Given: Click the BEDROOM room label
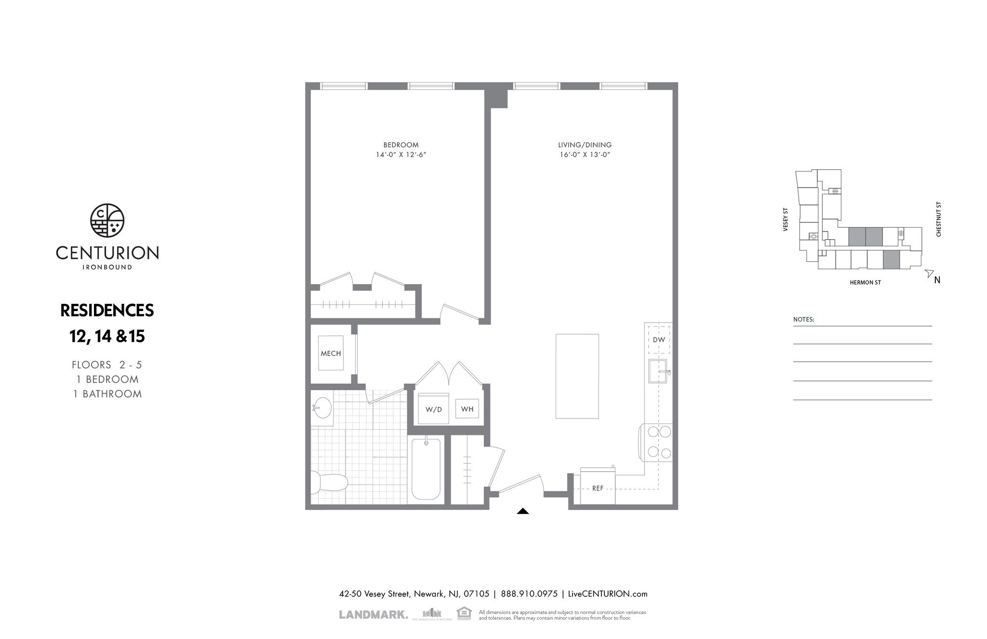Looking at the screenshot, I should (x=400, y=145).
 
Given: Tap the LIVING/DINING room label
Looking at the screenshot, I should (x=585, y=145).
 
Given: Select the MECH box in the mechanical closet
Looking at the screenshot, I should (x=331, y=353).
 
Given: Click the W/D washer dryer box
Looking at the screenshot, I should (x=433, y=409).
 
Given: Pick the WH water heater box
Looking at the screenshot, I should (x=467, y=409).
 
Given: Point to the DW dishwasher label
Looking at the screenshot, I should (x=658, y=340).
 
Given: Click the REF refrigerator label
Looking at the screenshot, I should (x=598, y=488).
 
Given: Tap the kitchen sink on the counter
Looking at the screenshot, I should (x=657, y=371).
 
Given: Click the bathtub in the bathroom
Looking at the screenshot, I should (x=426, y=469).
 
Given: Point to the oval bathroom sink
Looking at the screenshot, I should (x=322, y=408).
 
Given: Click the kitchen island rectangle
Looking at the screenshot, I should (x=577, y=376).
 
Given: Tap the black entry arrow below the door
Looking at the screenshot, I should (x=523, y=511).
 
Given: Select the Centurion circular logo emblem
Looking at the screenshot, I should (x=107, y=220).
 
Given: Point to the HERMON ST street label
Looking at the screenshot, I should (x=865, y=283).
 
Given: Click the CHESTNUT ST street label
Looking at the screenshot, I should (x=938, y=219).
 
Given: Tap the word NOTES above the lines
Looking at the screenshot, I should (x=803, y=319).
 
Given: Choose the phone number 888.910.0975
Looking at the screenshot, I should (x=529, y=594).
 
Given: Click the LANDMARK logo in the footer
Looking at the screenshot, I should (x=373, y=614).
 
